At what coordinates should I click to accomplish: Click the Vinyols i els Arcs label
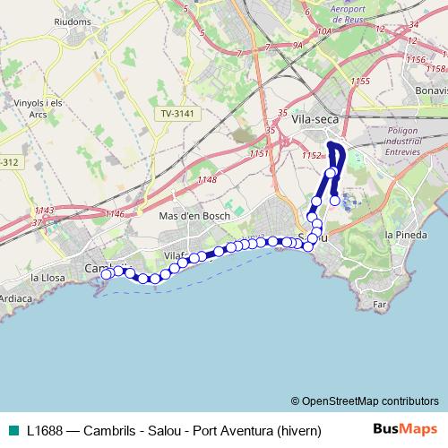pyautogui.click(x=38, y=108)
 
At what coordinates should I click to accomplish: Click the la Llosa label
pyautogui.click(x=47, y=278)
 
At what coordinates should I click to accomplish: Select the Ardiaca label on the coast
pyautogui.click(x=16, y=297)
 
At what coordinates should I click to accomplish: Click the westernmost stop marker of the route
pyautogui.click(x=106, y=274)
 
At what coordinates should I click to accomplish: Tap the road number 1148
pyautogui.click(x=207, y=180)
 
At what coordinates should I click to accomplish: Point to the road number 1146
pyautogui.click(x=115, y=213)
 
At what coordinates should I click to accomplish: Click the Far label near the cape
pyautogui.click(x=379, y=305)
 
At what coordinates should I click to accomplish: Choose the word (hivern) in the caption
pyautogui.click(x=298, y=429)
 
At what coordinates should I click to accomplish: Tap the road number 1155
pyautogui.click(x=361, y=82)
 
